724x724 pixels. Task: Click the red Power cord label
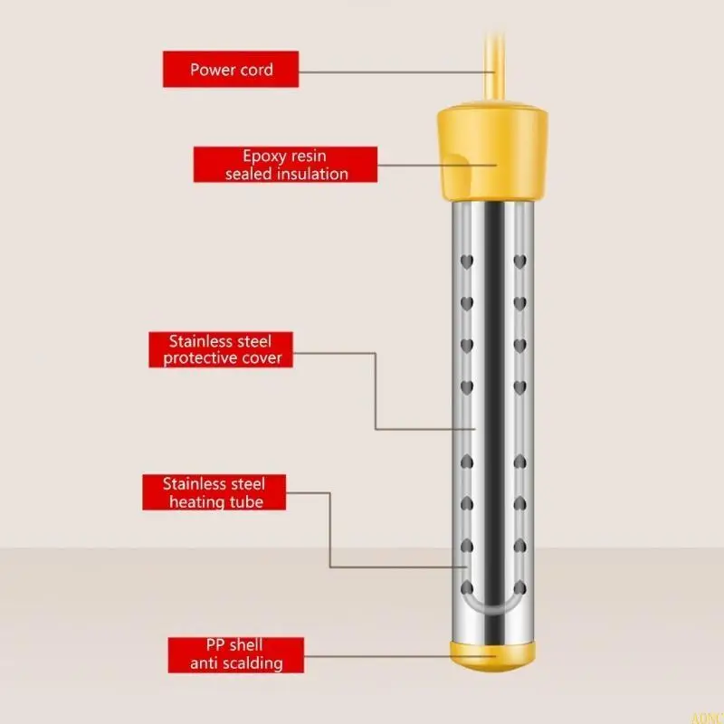[231, 70]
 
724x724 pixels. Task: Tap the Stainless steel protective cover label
[221, 349]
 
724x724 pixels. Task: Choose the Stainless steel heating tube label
[214, 492]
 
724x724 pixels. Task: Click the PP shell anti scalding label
[235, 654]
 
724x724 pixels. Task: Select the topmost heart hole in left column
[466, 262]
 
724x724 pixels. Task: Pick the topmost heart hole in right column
[519, 262]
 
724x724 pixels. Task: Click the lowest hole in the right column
[519, 587]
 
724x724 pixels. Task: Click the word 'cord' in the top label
[256, 70]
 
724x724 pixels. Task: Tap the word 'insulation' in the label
[311, 174]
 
